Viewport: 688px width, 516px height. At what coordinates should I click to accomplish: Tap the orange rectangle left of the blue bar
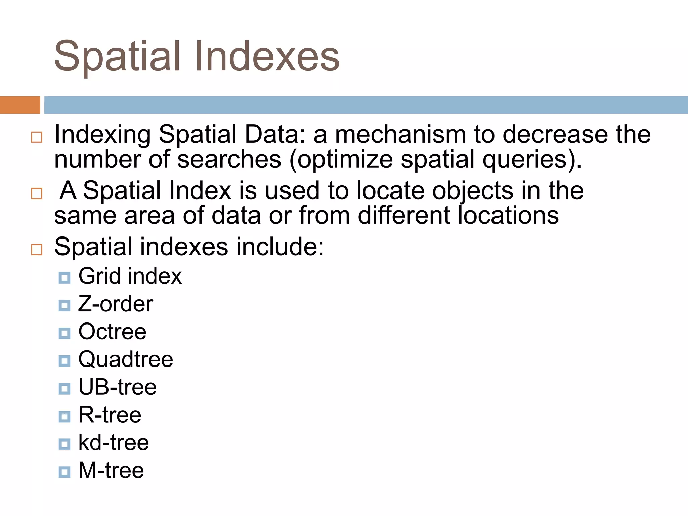[x=20, y=105]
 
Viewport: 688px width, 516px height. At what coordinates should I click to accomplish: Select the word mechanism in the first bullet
[x=400, y=134]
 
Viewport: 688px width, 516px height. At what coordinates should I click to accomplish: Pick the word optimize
[x=345, y=160]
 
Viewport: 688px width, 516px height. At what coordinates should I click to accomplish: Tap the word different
[x=403, y=215]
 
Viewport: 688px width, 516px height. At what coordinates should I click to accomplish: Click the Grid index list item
[x=130, y=276]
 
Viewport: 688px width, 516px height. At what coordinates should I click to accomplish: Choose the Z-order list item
[x=116, y=304]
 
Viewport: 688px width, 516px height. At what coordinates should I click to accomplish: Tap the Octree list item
[x=112, y=332]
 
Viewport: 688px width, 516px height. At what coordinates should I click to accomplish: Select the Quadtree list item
[x=126, y=360]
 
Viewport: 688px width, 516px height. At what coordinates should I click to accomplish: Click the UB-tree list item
[x=117, y=387]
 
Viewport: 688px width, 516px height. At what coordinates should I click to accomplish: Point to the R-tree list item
[x=110, y=415]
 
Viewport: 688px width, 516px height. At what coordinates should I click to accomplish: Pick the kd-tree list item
[x=114, y=443]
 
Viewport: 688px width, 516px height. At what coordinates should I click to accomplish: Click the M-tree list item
[x=111, y=470]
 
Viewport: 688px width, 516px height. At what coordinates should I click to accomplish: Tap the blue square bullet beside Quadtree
[x=64, y=361]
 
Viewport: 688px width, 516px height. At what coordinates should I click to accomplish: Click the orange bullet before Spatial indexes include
[x=37, y=250]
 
